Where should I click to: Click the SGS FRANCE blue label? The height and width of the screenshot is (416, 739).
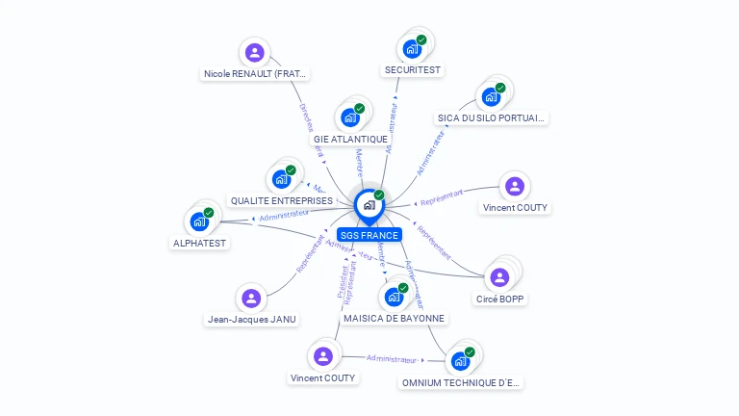(369, 235)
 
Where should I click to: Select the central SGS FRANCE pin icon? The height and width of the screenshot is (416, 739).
(369, 205)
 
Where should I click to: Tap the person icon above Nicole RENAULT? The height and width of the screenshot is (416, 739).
(254, 52)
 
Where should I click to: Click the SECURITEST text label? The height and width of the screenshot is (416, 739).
(412, 69)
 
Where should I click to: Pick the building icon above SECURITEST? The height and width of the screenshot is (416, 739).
(412, 48)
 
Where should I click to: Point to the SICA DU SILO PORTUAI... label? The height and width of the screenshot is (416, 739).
(492, 117)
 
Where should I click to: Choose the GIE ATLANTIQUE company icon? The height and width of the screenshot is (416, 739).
(349, 117)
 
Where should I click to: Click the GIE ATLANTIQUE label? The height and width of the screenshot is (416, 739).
(350, 139)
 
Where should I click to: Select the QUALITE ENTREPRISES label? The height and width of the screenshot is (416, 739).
(281, 200)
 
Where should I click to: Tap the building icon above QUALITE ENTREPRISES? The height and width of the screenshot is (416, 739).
(281, 179)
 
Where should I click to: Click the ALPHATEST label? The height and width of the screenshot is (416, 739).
(199, 243)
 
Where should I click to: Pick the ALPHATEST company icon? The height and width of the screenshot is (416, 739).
(199, 221)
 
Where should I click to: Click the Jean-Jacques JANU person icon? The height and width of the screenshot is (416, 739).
(251, 299)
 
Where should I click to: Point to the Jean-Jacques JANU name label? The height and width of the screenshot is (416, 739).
(251, 320)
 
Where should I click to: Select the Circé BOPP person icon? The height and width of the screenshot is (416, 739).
(499, 277)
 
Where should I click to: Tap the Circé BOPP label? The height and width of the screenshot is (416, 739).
(500, 299)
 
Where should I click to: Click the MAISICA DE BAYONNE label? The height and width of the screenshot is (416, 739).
(394, 318)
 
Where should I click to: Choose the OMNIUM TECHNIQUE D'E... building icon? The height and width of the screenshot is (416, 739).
(460, 361)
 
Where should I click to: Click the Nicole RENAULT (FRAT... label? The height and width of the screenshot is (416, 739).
(255, 73)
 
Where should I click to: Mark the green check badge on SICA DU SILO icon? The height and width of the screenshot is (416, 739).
(500, 88)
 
